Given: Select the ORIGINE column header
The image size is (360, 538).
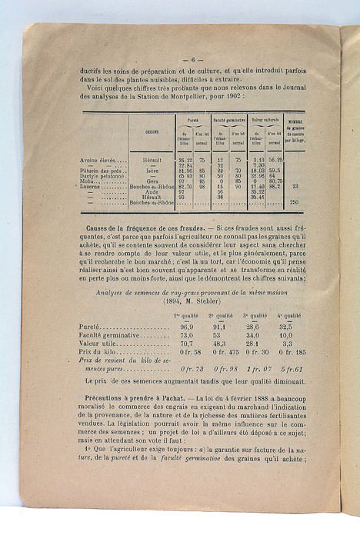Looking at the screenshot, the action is tap(152, 131).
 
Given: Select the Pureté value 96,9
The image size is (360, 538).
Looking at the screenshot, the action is tap(185, 326).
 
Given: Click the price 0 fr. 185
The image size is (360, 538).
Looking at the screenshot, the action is tap(287, 352).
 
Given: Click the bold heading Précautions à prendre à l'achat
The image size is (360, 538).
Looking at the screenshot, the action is tap(135, 397).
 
